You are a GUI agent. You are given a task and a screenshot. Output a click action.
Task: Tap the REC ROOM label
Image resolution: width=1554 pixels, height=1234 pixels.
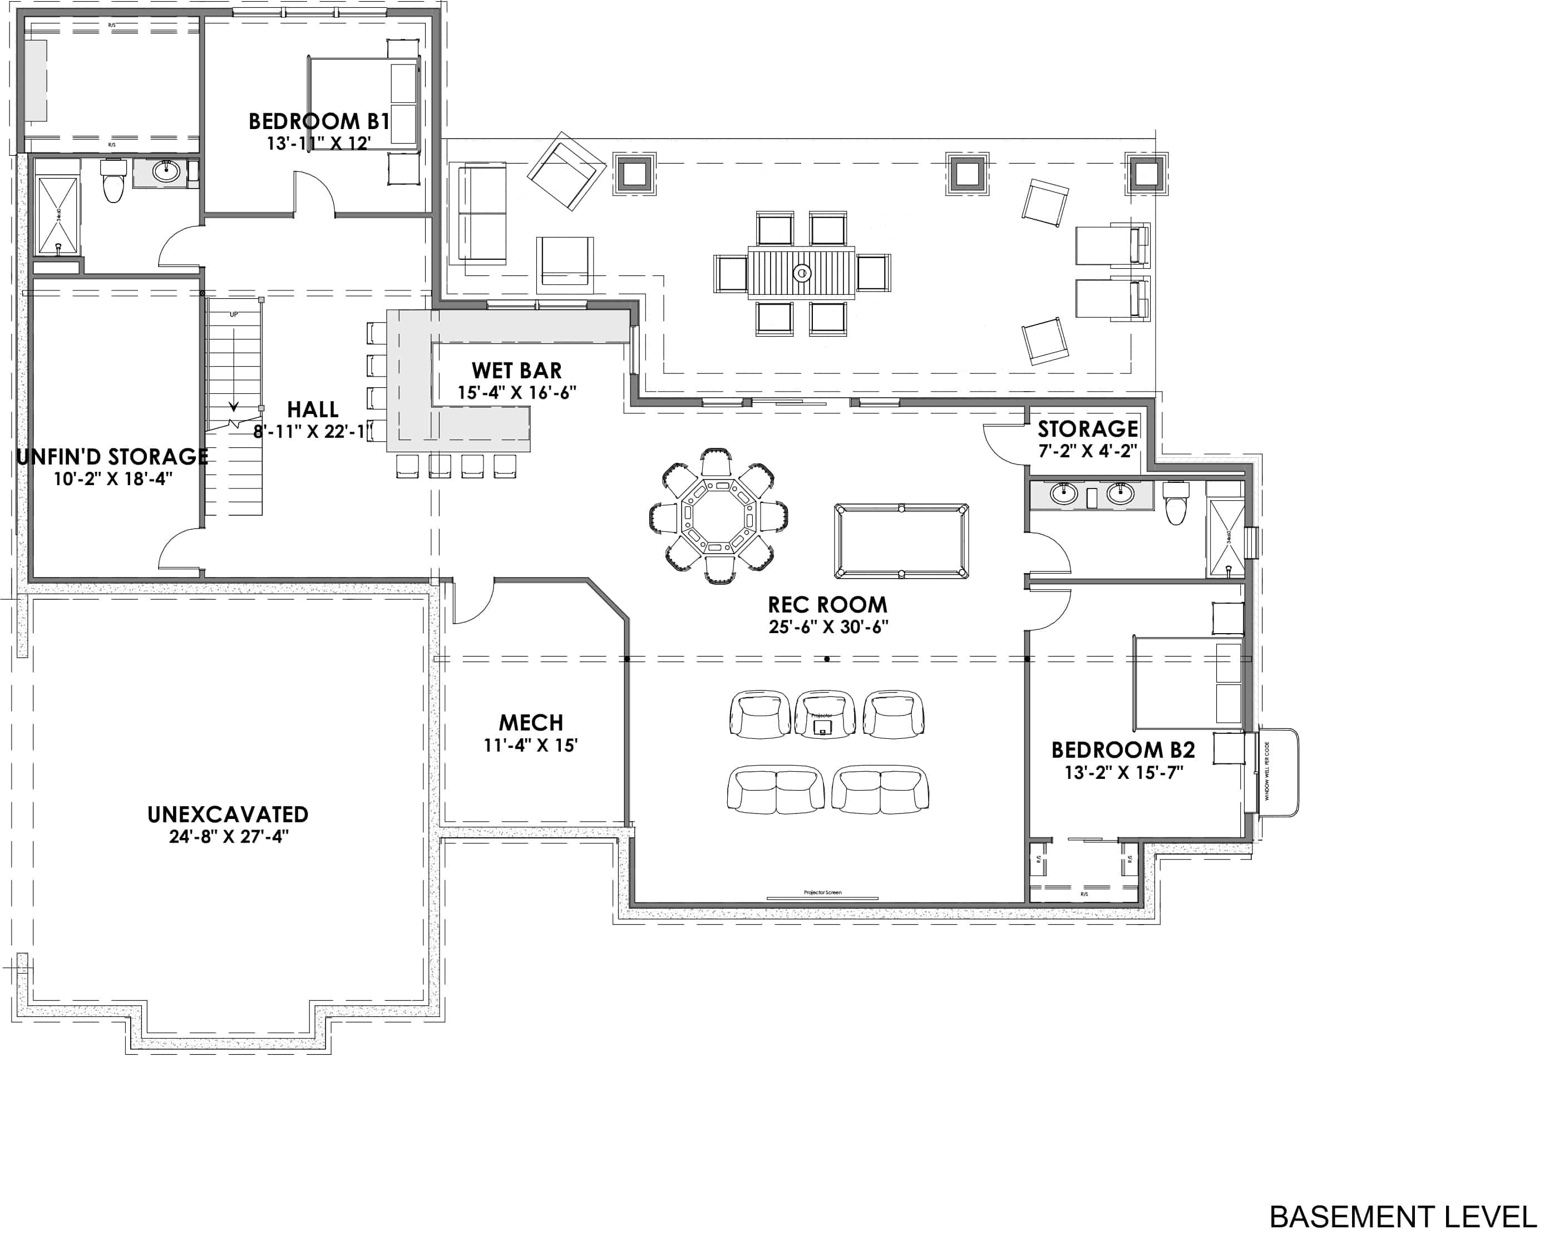(x=827, y=604)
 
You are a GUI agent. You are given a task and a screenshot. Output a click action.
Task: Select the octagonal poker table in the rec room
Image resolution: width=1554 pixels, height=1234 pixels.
(x=717, y=516)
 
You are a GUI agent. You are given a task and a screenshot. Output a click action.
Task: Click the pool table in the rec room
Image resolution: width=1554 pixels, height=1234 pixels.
(x=901, y=541)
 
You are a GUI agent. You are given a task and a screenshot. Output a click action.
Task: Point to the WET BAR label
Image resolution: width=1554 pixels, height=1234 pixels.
(x=516, y=371)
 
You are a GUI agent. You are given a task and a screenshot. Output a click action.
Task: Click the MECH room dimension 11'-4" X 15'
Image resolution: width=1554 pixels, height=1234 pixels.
(x=530, y=746)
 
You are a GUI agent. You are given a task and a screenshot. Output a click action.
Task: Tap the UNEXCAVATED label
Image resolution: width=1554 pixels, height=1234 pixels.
(x=228, y=815)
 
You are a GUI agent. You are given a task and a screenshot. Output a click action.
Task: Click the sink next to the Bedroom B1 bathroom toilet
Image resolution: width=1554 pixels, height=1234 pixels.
(x=166, y=171)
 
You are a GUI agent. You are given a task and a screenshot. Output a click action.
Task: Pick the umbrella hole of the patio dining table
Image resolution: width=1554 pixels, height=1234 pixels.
(x=802, y=273)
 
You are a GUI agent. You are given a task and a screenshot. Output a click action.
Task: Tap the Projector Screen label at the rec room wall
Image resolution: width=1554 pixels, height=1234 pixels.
(x=822, y=892)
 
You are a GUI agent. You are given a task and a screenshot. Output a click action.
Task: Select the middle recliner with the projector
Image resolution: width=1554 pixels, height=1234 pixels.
(x=824, y=714)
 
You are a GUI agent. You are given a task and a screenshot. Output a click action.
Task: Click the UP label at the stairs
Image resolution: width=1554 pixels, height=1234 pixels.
(x=234, y=314)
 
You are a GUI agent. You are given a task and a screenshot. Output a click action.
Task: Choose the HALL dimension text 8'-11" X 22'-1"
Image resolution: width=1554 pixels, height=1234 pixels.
(x=313, y=432)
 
